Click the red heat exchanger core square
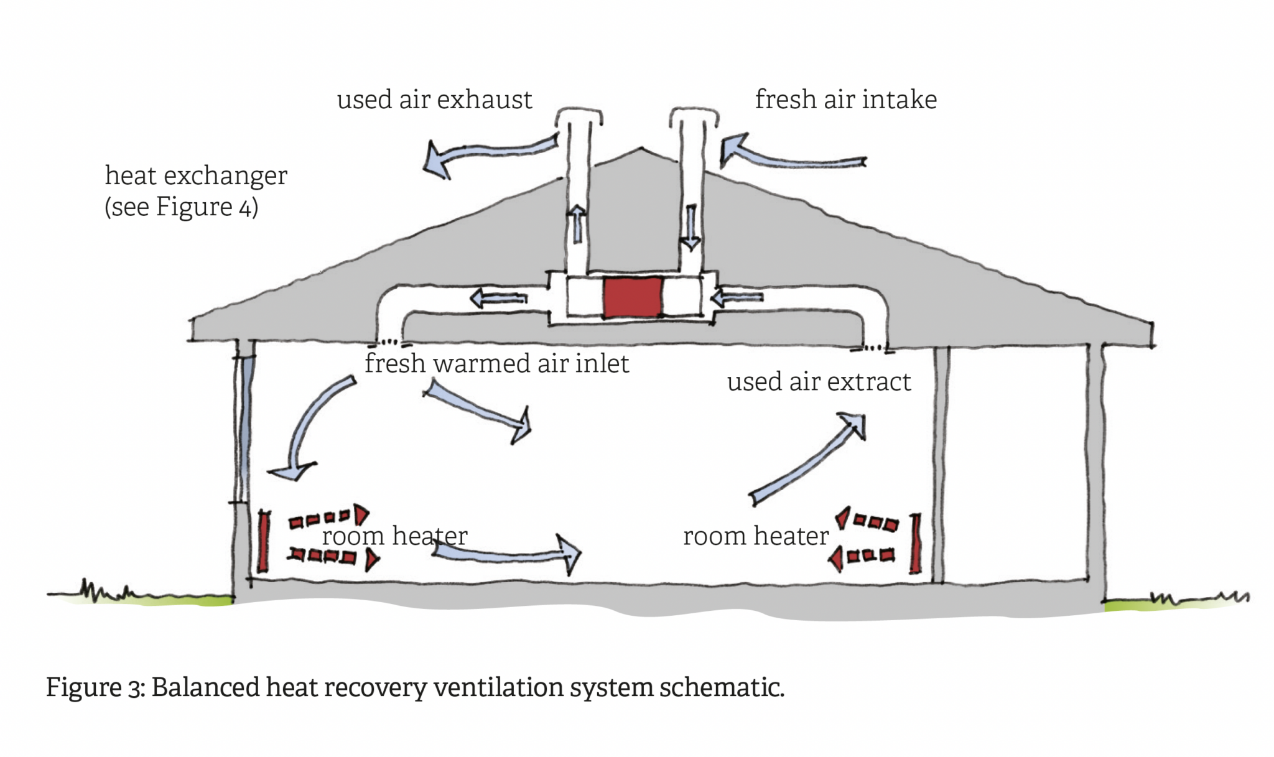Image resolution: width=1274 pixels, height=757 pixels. pyautogui.click(x=632, y=298)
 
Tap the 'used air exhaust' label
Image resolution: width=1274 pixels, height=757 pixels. pyautogui.click(x=434, y=100)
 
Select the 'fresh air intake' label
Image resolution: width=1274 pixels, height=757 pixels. pyautogui.click(x=845, y=100)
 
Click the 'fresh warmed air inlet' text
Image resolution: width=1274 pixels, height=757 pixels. pyautogui.click(x=496, y=363)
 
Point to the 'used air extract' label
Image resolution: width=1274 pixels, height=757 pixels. pyautogui.click(x=818, y=381)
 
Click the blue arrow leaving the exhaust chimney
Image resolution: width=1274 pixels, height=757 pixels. pyautogui.click(x=485, y=152)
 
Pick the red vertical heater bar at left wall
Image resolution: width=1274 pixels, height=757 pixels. pyautogui.click(x=264, y=541)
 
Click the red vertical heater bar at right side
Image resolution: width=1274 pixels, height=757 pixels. pyautogui.click(x=915, y=543)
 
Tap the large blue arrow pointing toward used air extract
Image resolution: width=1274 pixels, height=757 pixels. pyautogui.click(x=809, y=460)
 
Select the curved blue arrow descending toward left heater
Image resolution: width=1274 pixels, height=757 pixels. pyautogui.click(x=311, y=429)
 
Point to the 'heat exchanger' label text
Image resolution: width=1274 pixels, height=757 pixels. pyautogui.click(x=195, y=175)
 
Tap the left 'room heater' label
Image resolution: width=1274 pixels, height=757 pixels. pyautogui.click(x=394, y=536)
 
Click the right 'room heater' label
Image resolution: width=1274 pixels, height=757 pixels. pyautogui.click(x=756, y=536)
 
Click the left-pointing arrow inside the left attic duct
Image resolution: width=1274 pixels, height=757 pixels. pyautogui.click(x=498, y=299)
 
